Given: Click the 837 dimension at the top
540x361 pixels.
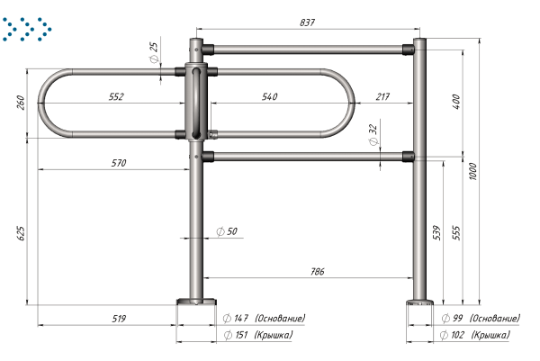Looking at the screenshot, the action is [307, 23].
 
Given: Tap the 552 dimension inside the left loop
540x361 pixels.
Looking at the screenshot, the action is [116, 97].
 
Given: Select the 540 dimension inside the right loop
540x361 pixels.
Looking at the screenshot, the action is [269, 97].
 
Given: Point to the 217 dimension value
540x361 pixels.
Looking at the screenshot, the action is [382, 97].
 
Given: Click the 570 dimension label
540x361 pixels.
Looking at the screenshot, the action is [119, 163].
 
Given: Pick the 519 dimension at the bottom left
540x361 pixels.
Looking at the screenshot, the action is [119, 319].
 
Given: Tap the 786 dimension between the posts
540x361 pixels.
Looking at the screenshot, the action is [317, 272].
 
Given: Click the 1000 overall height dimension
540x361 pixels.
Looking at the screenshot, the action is [472, 171].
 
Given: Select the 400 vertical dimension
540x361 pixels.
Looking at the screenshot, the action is [456, 102].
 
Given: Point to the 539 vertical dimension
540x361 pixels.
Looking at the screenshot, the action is [436, 232].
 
